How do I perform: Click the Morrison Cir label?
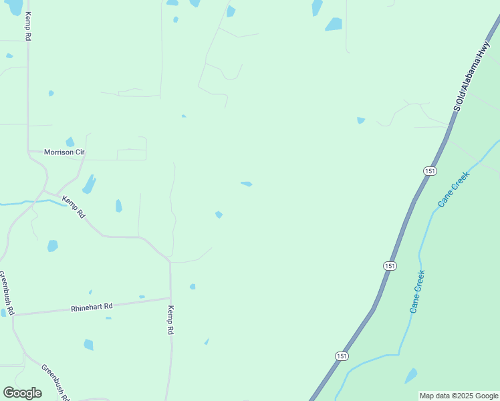click(x=64, y=152)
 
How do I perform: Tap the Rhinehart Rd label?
click(x=92, y=307)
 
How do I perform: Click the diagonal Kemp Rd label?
click(x=74, y=207)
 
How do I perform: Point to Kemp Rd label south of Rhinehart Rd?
click(x=171, y=320)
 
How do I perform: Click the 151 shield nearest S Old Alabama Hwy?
click(x=430, y=171)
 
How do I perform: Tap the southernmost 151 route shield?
click(x=342, y=356)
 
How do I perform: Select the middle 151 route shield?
click(x=390, y=266)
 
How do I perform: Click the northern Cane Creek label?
click(x=454, y=189)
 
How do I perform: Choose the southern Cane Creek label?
click(x=417, y=292)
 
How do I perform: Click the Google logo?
click(x=22, y=393)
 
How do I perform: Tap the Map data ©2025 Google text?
click(x=459, y=396)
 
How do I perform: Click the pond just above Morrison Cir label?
click(x=70, y=142)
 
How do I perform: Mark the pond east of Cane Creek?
click(x=411, y=376)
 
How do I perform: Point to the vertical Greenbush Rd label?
click(x=6, y=293)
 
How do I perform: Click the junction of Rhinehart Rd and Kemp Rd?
click(x=170, y=298)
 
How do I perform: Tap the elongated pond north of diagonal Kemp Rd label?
click(x=89, y=184)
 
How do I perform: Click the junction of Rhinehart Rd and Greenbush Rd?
click(x=13, y=313)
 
